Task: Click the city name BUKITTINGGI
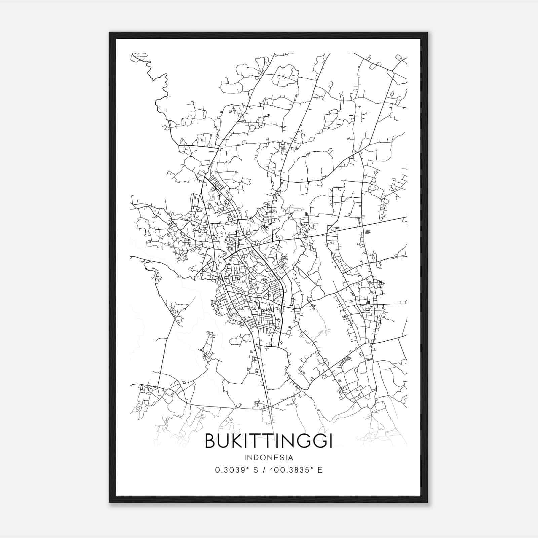pyautogui.click(x=269, y=441)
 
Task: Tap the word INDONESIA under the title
pyautogui.click(x=269, y=458)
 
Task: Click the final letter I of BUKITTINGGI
pyautogui.click(x=331, y=441)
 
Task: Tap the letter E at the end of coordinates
pyautogui.click(x=320, y=470)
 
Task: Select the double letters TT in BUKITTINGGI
pyautogui.click(x=261, y=441)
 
